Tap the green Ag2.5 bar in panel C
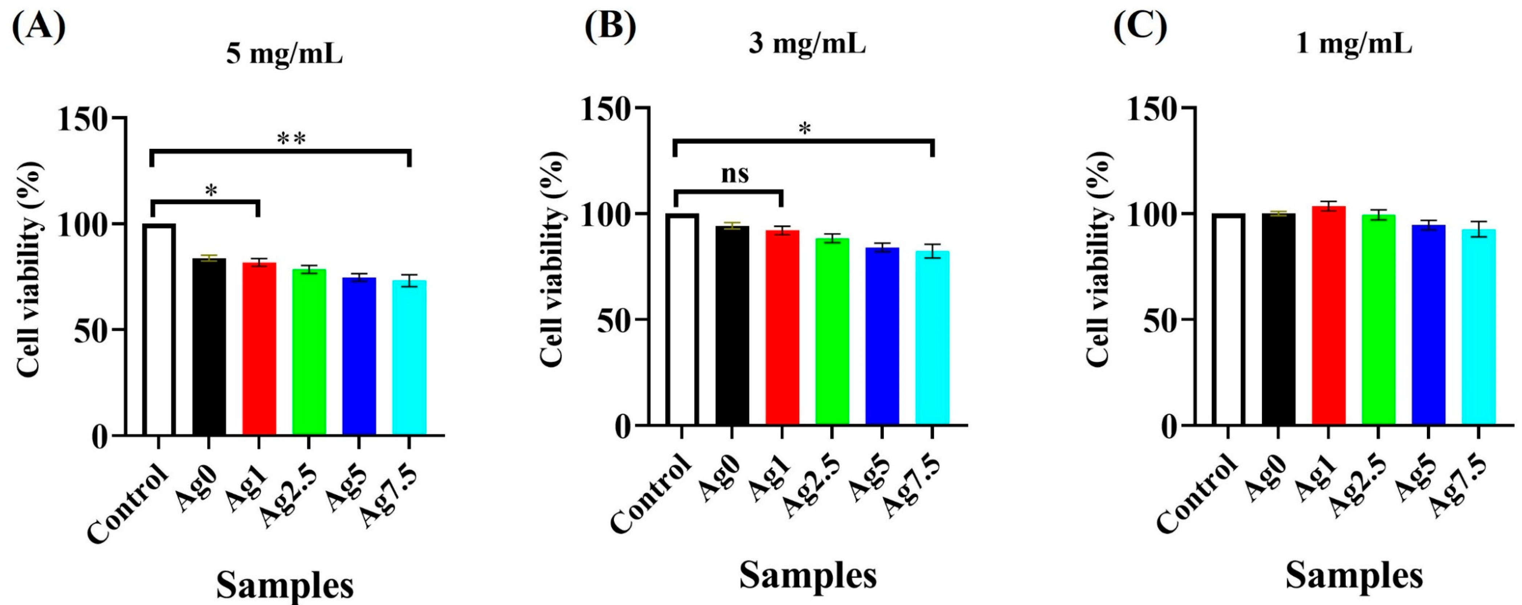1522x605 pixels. tap(1378, 319)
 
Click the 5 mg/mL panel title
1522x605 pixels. tap(284, 55)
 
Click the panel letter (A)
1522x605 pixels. tap(39, 27)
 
